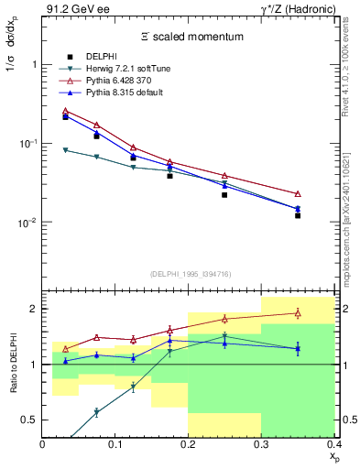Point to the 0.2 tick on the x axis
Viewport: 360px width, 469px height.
click(x=189, y=445)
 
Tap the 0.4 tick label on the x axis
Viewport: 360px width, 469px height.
click(x=333, y=445)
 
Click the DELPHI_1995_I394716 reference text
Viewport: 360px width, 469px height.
click(x=189, y=273)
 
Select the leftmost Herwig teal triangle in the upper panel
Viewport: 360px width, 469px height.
click(x=65, y=149)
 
